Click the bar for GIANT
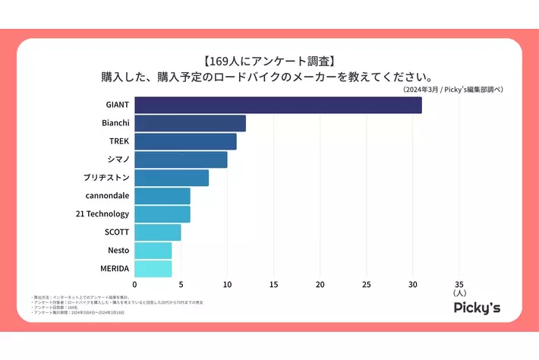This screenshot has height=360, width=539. pyautogui.click(x=278, y=105)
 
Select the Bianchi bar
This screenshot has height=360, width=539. pyautogui.click(x=190, y=123)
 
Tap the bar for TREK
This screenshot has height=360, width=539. pyautogui.click(x=185, y=141)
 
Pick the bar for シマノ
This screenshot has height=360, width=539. pyautogui.click(x=181, y=159)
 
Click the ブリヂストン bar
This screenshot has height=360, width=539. pyautogui.click(x=172, y=178)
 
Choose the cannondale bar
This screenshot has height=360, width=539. pyautogui.click(x=162, y=196)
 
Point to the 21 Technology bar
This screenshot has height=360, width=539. pyautogui.click(x=162, y=214)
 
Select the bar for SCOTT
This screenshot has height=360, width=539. pyautogui.click(x=158, y=232)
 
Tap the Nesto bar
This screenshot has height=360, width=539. pyautogui.click(x=153, y=251)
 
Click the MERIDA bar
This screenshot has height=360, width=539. pyautogui.click(x=153, y=269)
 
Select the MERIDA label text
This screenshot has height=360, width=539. pyautogui.click(x=115, y=269)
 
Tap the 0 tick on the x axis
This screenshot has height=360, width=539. pyautogui.click(x=134, y=285)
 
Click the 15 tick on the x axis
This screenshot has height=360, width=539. pyautogui.click(x=273, y=285)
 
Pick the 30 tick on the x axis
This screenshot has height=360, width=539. pyautogui.click(x=412, y=285)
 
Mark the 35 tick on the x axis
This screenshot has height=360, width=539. pyautogui.click(x=459, y=285)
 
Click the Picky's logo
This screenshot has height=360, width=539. pyautogui.click(x=476, y=308)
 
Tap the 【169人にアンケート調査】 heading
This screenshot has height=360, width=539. pyautogui.click(x=269, y=61)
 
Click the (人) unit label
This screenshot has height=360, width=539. pyautogui.click(x=459, y=293)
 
